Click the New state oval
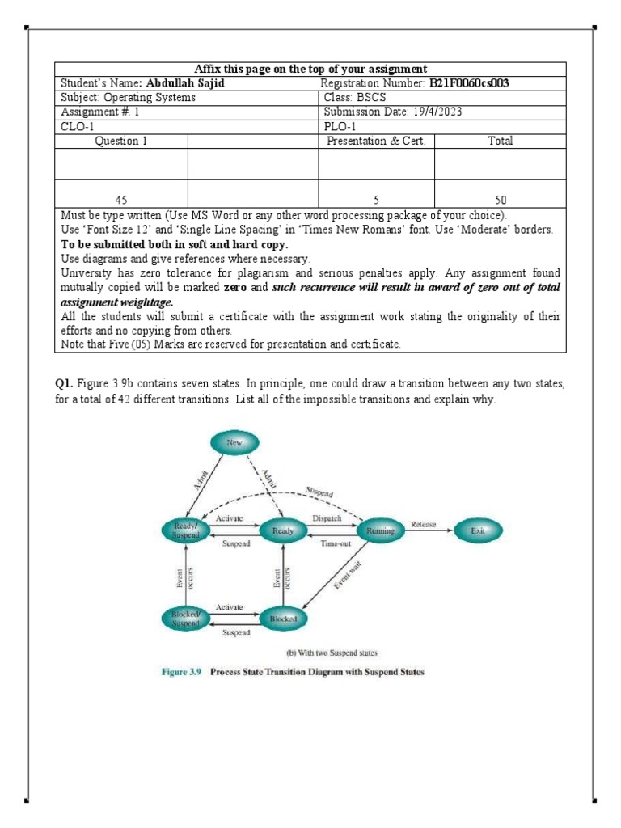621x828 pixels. [x=234, y=442]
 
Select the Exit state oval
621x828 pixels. [x=479, y=530]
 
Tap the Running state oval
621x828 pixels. [x=380, y=530]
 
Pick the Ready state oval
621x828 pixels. [x=283, y=530]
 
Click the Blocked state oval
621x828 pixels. [x=283, y=618]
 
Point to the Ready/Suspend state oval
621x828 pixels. [x=185, y=530]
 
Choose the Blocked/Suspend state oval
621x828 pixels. [x=185, y=618]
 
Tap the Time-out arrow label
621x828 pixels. [x=333, y=544]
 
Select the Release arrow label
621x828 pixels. [x=424, y=524]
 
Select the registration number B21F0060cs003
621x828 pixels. [x=469, y=83]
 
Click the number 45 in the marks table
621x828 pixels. [x=124, y=199]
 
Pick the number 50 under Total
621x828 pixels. [x=500, y=199]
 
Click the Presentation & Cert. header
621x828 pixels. [x=376, y=141]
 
